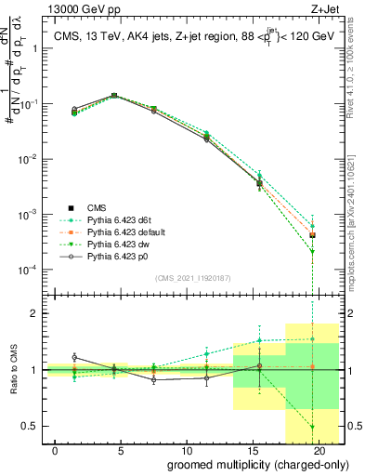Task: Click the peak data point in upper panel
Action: click(114, 95)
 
